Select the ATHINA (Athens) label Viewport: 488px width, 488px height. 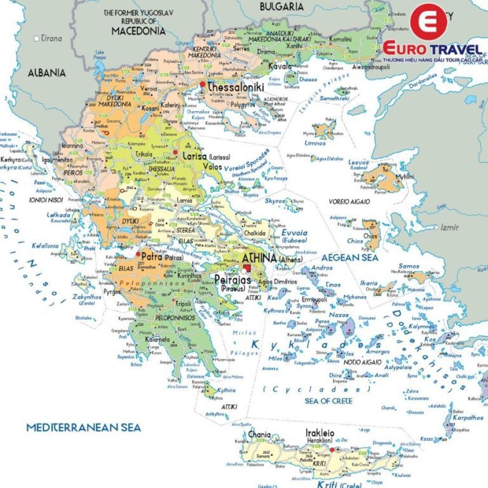(x=261, y=258)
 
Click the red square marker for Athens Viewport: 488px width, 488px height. (x=247, y=269)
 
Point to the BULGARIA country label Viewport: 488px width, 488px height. (x=281, y=6)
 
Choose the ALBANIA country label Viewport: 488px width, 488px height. (x=46, y=73)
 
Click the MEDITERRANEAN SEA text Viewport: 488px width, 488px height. (x=83, y=428)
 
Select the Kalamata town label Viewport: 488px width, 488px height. (x=156, y=339)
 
